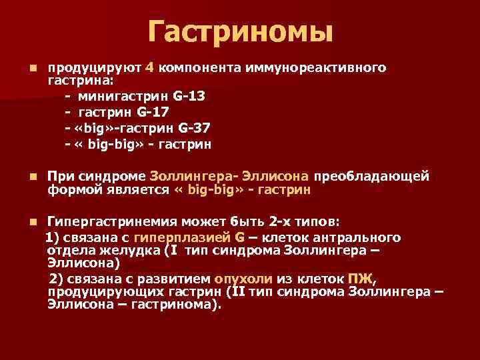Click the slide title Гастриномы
[x=240, y=32]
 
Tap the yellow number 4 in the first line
[x=150, y=68]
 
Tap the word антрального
[x=357, y=237]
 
